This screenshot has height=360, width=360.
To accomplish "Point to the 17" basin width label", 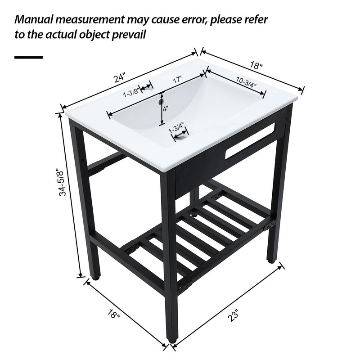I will pos(177,80).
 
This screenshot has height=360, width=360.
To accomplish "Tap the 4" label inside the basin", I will pos(166,108).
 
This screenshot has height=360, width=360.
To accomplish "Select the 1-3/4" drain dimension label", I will pos(177,127).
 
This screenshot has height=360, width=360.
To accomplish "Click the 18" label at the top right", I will pos(256,65).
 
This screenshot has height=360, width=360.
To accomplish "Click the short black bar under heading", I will pos(29,58).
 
